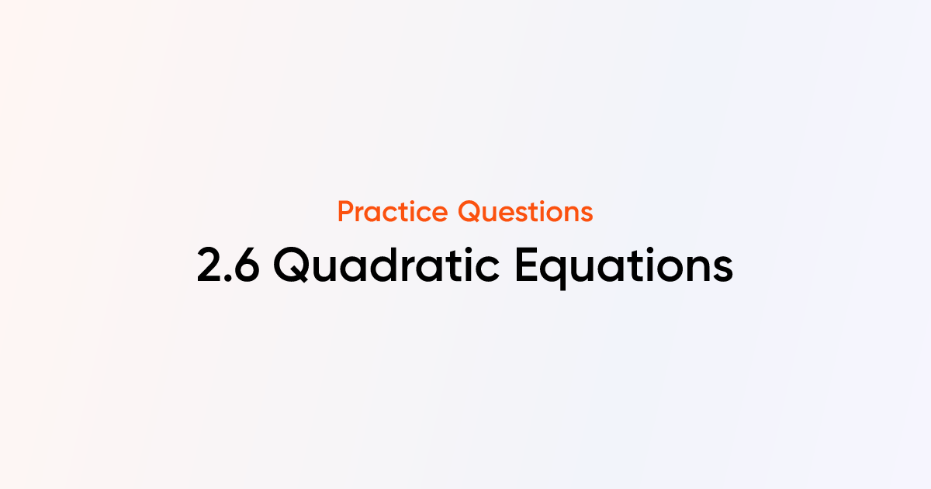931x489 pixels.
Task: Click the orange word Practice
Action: [x=393, y=211]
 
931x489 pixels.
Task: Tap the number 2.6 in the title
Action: [x=229, y=266]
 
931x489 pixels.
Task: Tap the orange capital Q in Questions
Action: [x=468, y=211]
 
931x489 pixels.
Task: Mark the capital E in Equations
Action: [x=527, y=266]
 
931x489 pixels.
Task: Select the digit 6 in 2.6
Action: [x=247, y=266]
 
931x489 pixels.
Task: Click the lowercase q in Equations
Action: [x=561, y=272]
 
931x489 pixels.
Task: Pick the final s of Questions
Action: [x=587, y=213]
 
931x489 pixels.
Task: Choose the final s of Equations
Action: [x=722, y=269]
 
